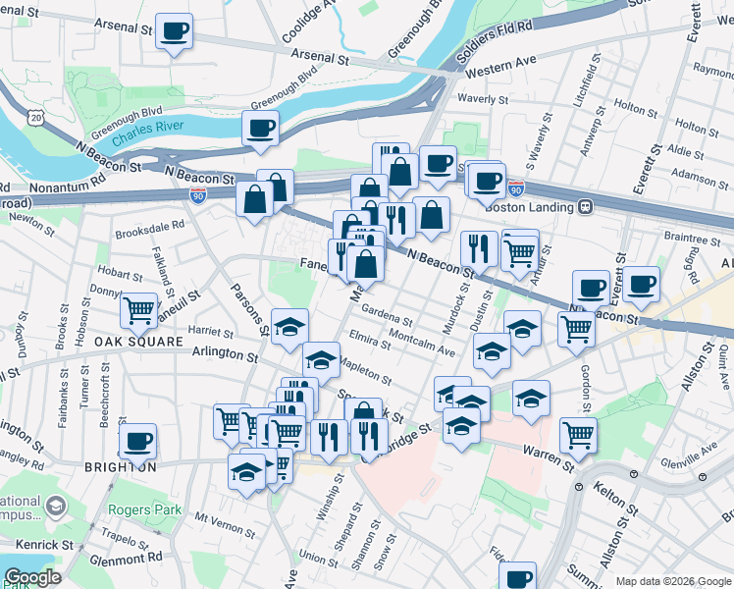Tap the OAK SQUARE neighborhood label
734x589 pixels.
[x=139, y=342]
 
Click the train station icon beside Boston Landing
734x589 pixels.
[x=585, y=207]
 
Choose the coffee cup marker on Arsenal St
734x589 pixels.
[x=175, y=31]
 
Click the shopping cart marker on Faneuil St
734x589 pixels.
[x=139, y=311]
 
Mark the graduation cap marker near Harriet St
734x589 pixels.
[x=289, y=327]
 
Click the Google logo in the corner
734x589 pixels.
[x=32, y=577]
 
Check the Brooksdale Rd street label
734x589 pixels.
[x=149, y=224]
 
